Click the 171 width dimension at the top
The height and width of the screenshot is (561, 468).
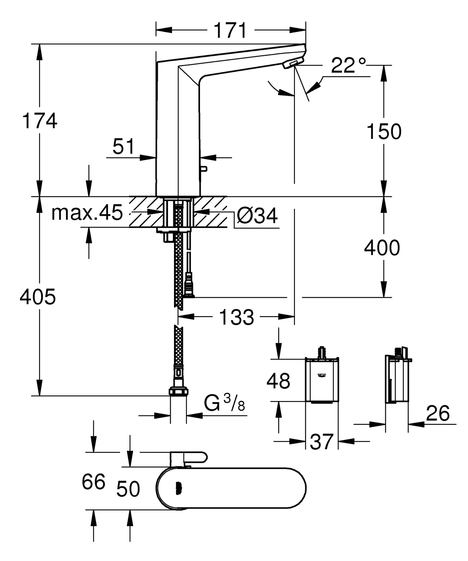(230, 30)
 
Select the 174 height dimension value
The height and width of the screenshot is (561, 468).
(40, 121)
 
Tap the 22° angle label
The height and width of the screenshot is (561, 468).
(348, 66)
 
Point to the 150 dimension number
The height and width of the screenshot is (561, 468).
(384, 132)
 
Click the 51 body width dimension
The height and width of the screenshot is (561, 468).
(124, 147)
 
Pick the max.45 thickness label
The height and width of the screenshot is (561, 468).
(87, 213)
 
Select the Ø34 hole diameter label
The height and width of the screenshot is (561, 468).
(257, 216)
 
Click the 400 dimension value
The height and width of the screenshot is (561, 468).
(382, 248)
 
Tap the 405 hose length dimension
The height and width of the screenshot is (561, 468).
(38, 297)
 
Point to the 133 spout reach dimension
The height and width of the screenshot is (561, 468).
(236, 317)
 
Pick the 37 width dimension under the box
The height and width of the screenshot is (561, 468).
(322, 442)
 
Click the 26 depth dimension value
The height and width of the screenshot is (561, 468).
(438, 413)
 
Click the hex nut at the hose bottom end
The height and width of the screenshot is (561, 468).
(178, 391)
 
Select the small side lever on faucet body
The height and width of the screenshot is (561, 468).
(204, 169)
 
